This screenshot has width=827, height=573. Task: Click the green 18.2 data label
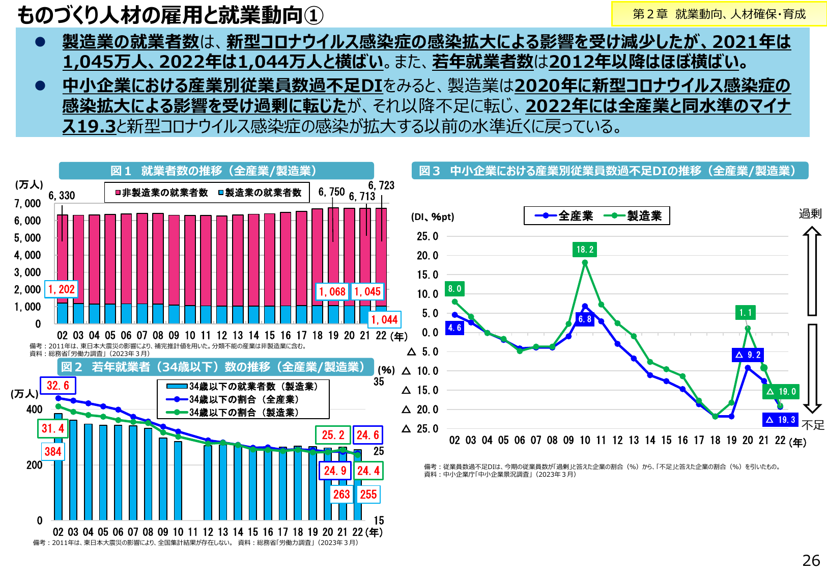tap(585, 250)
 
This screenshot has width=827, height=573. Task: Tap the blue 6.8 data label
tap(585, 319)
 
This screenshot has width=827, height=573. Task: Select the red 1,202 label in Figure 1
tap(62, 289)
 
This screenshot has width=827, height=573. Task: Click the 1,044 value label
tap(384, 320)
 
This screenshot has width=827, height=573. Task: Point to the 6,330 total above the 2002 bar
tap(62, 196)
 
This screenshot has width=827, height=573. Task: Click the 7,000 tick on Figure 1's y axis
tap(27, 204)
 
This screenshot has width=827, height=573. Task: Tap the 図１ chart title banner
tap(216, 171)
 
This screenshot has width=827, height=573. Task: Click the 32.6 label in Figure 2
tap(58, 386)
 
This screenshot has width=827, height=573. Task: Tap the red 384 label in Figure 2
tap(53, 451)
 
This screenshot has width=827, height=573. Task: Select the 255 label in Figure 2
tap(368, 495)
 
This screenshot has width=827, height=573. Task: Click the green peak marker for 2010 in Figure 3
tap(585, 263)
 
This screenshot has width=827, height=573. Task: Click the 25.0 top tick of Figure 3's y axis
tap(427, 236)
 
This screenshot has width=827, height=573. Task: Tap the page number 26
tap(811, 560)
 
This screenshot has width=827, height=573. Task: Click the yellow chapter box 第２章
tap(719, 14)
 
